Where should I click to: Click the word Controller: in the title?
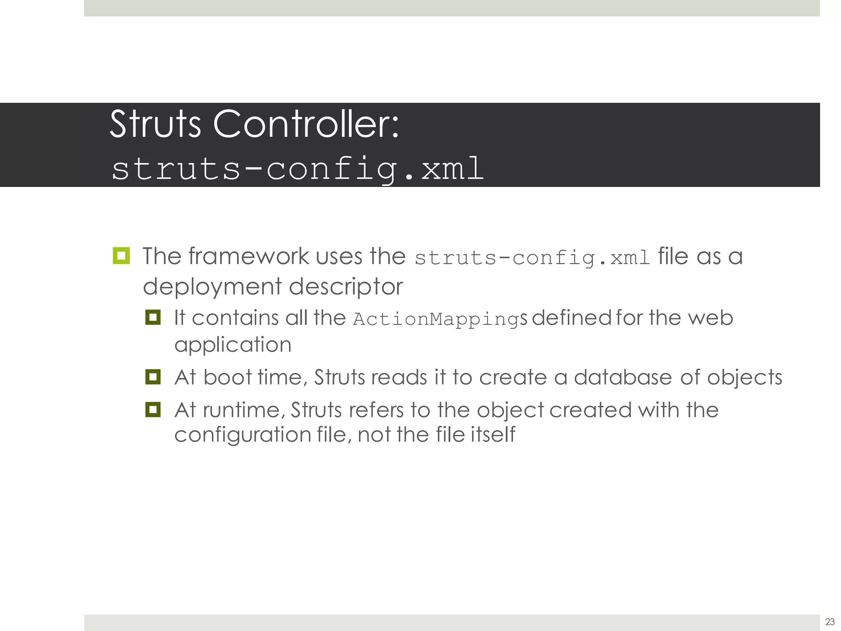(x=306, y=124)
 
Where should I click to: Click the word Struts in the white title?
(x=155, y=124)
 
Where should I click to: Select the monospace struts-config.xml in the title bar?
(x=297, y=168)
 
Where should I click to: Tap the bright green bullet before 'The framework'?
(x=121, y=256)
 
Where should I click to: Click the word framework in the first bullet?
(x=249, y=256)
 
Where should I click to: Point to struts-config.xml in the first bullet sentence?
(x=532, y=258)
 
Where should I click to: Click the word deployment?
(x=212, y=286)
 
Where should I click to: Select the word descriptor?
(x=346, y=286)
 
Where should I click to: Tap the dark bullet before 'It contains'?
(x=153, y=317)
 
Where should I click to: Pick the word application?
(x=233, y=344)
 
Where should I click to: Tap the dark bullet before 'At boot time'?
(x=153, y=377)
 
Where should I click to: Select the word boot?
(x=227, y=377)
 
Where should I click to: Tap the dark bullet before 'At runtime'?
(x=153, y=410)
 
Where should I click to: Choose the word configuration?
(x=243, y=435)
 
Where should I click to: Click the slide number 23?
(x=830, y=622)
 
